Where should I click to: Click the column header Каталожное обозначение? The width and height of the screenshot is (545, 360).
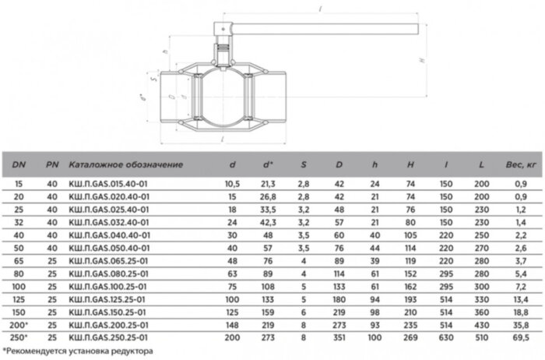point(125,164)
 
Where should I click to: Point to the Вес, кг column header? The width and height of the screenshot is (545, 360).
point(520,164)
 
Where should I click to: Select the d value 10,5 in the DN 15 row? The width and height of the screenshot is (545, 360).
point(231,183)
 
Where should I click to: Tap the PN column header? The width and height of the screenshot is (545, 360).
point(51,164)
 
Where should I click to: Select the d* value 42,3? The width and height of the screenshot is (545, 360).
point(267,222)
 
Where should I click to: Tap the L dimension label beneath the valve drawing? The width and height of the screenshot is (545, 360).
point(223,138)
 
